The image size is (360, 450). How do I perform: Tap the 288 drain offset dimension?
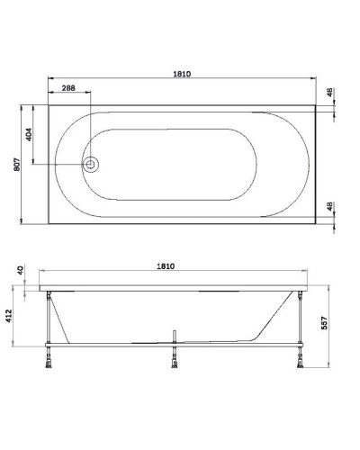[68, 88]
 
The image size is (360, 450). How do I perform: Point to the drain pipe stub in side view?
[172, 336]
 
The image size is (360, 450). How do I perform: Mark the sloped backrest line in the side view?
[274, 315]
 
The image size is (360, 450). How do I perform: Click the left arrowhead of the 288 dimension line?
[49, 95]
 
